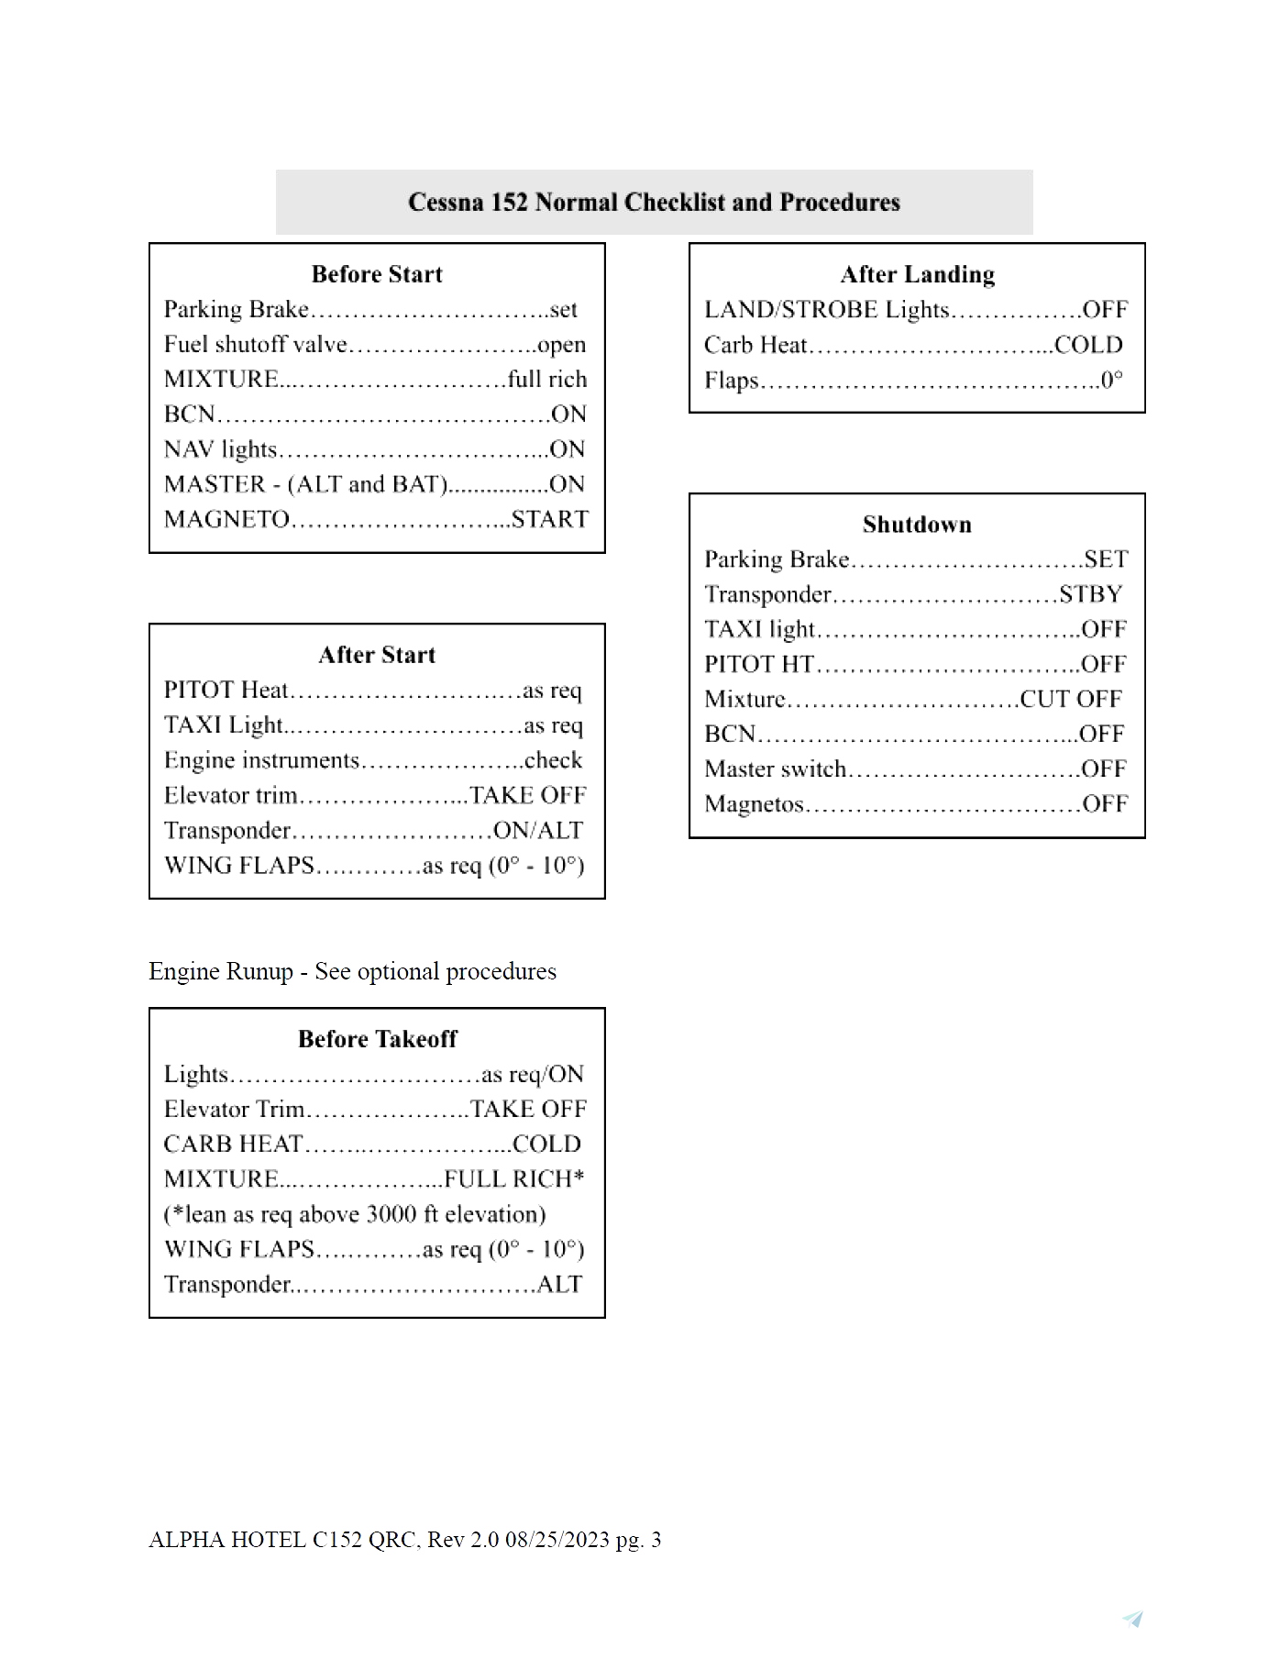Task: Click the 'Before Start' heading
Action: coord(377,274)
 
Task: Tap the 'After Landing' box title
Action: coord(917,274)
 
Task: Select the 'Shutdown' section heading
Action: coord(917,525)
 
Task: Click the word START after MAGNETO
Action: coord(550,519)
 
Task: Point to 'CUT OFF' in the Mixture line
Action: coord(1070,699)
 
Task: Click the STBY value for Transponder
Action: coord(1090,594)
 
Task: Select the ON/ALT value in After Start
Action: coord(538,831)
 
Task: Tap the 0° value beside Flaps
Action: coord(1111,381)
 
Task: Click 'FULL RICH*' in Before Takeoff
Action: coord(514,1179)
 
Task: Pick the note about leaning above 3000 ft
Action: coord(355,1214)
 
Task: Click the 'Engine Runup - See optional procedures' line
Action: coord(352,972)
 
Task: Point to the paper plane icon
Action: coord(1133,1619)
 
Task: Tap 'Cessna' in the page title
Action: coord(446,202)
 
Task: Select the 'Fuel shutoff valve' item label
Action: coord(255,345)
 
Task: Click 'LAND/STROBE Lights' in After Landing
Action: coord(826,310)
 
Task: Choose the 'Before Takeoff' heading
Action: coord(377,1039)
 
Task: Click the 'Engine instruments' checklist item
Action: coord(261,760)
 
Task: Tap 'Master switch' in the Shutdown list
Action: coord(775,769)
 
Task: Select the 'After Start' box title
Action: coord(377,655)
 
